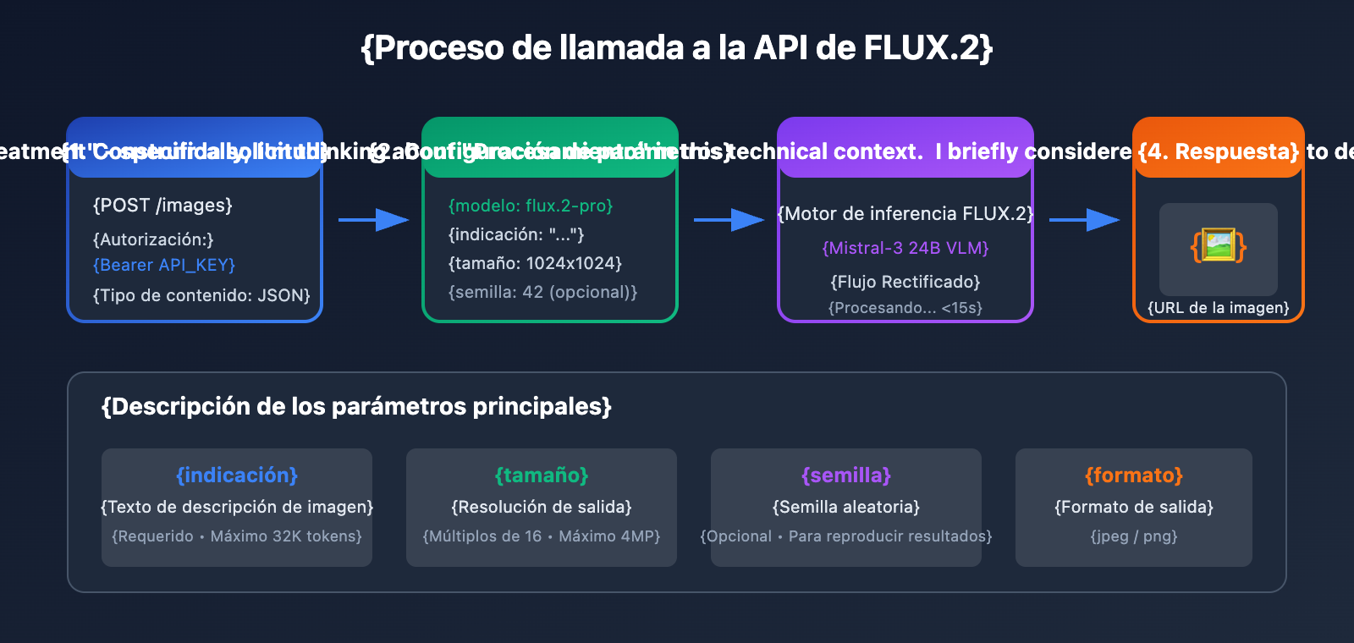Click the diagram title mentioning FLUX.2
pos(676,48)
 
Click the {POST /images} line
pos(162,206)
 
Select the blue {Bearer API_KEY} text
pos(164,265)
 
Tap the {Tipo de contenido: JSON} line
pos(201,295)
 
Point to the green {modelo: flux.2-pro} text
pos(531,206)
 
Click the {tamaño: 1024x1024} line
pos(535,263)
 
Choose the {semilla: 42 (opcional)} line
pos(542,292)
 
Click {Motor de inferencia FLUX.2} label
pos(905,214)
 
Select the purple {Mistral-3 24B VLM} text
pos(905,248)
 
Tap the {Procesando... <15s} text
pos(905,308)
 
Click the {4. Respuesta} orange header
pos(1218,151)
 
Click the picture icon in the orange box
pos(1219,246)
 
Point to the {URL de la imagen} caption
pos(1219,308)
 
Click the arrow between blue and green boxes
pos(373,220)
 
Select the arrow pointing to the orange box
pos(1084,220)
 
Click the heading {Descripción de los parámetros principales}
pos(356,407)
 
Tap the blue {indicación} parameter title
pos(237,475)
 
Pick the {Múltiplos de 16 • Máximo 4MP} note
pos(542,536)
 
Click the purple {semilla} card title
pos(846,475)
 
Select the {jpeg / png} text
pos(1134,536)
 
